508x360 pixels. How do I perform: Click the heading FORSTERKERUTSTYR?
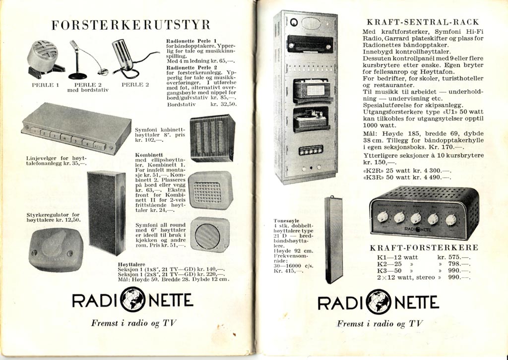(131, 25)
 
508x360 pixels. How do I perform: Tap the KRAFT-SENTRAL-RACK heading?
(423, 22)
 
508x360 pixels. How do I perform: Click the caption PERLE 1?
(46, 85)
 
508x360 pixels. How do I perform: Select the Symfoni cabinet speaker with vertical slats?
(212, 138)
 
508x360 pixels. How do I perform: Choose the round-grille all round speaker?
(209, 235)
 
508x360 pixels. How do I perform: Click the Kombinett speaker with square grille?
(210, 190)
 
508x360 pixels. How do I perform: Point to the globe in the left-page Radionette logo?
(132, 300)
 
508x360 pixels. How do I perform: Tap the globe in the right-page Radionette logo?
(379, 302)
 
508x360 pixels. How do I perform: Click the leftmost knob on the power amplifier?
(382, 217)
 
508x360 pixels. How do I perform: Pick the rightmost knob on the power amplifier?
(450, 220)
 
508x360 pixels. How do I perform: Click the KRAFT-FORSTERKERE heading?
(424, 247)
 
